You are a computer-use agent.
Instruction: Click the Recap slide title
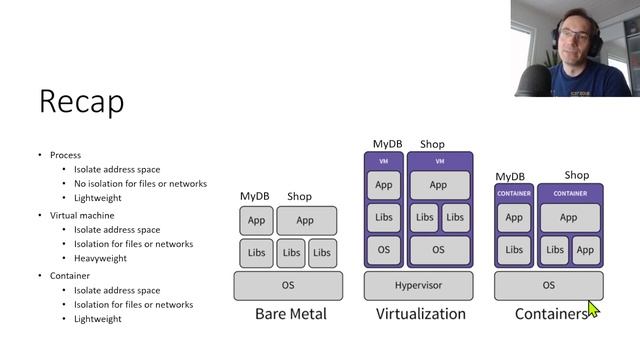coord(81,102)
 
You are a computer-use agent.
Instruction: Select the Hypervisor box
coord(417,285)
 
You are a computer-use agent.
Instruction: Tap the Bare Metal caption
coord(288,314)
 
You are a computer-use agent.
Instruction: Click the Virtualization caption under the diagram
coord(420,314)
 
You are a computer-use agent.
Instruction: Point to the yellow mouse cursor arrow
coord(593,309)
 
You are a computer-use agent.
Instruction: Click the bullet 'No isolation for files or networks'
coord(140,184)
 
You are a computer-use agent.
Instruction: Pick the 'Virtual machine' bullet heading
coord(82,215)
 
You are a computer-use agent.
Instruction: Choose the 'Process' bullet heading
coord(65,155)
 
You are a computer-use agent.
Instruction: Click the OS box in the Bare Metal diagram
coord(288,286)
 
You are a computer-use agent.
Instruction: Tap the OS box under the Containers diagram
coord(548,285)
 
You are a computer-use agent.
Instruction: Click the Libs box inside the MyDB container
coord(513,250)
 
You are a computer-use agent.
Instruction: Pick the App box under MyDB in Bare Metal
coord(256,220)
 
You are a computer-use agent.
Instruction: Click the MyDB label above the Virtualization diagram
coord(388,144)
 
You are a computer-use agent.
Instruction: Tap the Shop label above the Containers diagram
coord(576,175)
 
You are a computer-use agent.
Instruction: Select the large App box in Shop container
coord(568,217)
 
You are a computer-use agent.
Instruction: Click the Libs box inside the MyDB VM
coord(384,217)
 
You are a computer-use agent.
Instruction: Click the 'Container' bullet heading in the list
coord(70,275)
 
